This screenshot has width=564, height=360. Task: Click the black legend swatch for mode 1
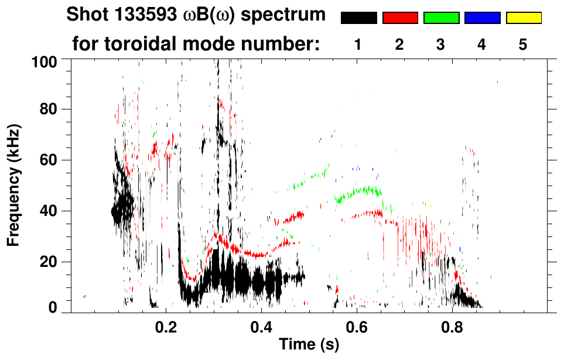(x=359, y=18)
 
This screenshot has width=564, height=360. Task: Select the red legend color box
(x=400, y=18)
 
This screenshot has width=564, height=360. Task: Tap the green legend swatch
(x=441, y=18)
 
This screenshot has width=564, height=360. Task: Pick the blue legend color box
(x=482, y=18)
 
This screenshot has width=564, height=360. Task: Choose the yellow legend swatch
(x=523, y=18)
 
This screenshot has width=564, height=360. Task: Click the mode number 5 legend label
(x=523, y=44)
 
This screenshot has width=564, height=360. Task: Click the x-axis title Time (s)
(x=308, y=345)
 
